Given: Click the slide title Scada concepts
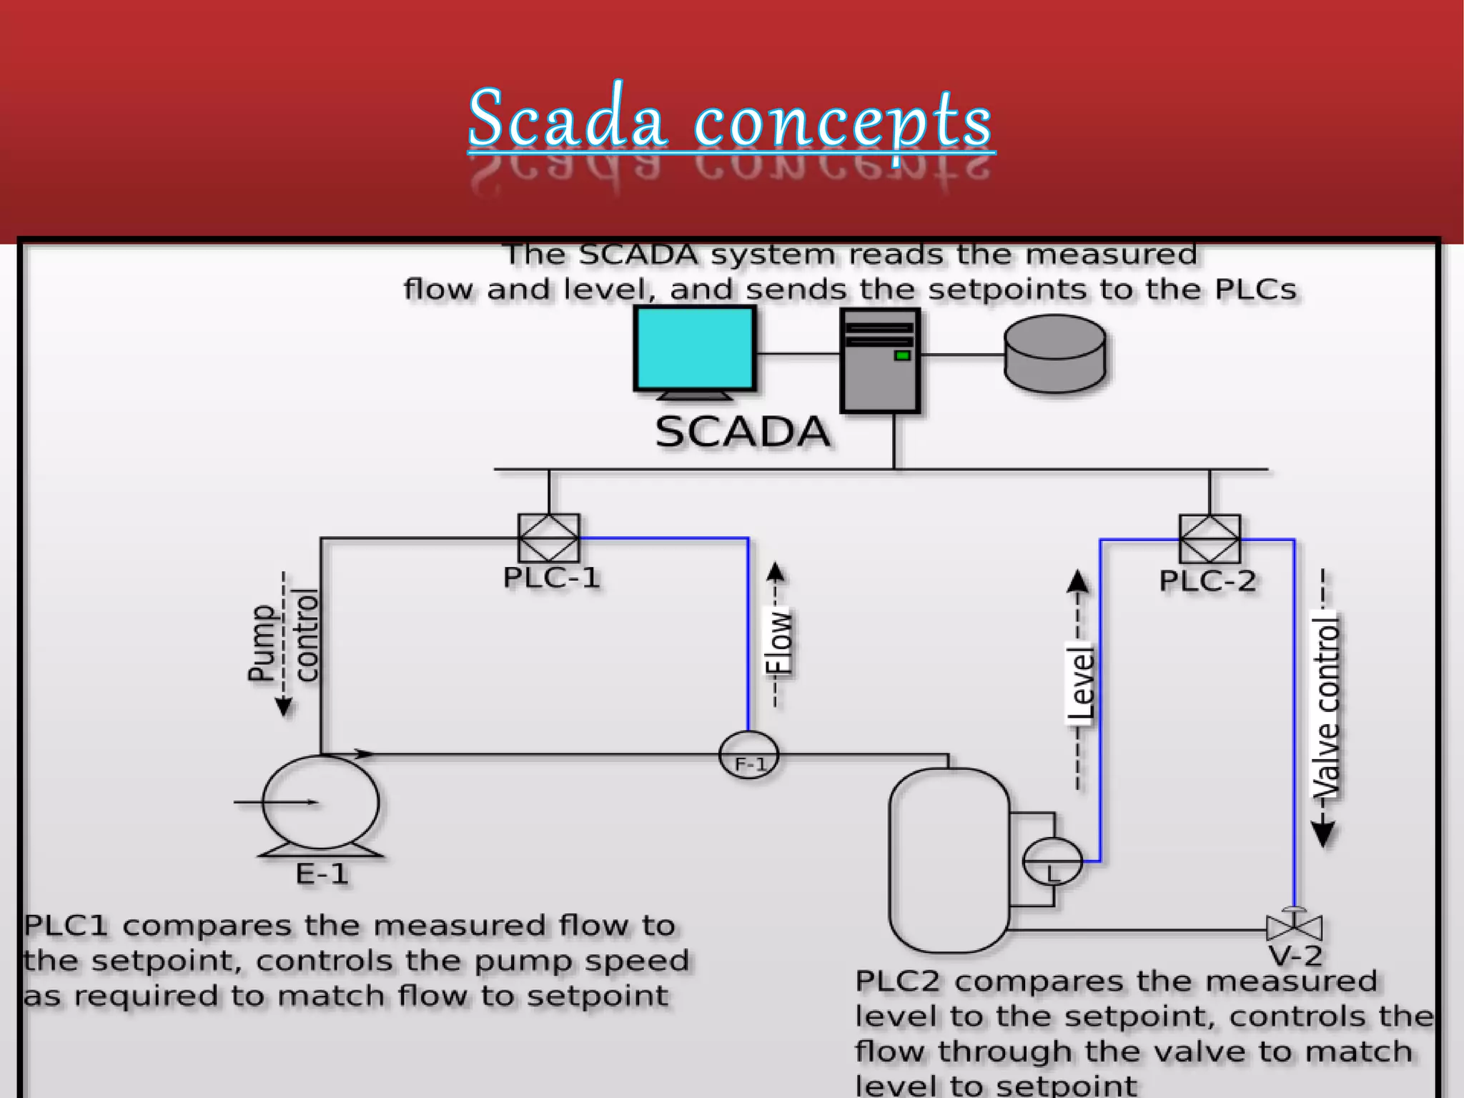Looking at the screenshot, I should point(731,119).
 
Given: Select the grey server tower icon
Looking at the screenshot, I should point(880,361).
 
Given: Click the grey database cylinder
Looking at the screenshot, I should point(1055,354).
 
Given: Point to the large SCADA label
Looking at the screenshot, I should point(743,432).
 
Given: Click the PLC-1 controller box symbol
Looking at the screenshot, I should point(549,538).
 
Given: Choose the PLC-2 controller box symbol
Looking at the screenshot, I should point(1210,539).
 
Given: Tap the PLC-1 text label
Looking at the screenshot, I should point(551,578).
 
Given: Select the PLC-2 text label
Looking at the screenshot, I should point(1207,580).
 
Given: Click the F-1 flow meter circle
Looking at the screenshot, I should point(748,755).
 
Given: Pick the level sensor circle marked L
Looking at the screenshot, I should point(1052,862).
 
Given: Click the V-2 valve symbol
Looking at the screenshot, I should point(1294,928).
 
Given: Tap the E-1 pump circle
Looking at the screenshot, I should point(321,803).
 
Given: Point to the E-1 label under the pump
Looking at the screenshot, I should point(322,874).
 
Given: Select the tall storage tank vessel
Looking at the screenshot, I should point(949,861).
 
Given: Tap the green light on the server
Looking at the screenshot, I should point(902,355).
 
